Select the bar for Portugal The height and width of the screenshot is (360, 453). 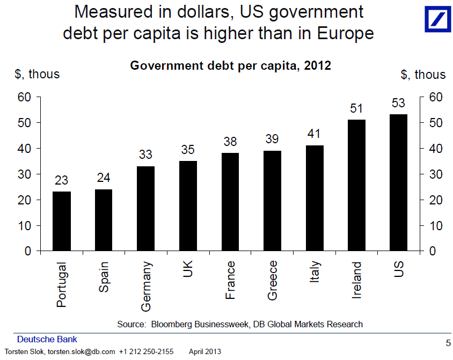61,221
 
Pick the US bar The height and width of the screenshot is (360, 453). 399,182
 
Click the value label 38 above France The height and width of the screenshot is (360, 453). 230,142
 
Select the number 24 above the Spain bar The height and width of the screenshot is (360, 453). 104,178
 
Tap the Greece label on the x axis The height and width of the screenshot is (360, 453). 272,280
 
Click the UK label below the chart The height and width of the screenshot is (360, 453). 188,270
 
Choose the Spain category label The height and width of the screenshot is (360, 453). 104,277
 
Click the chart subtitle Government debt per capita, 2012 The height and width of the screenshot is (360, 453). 231,66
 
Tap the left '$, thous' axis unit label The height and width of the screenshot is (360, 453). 37,74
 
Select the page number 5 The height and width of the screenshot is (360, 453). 448,343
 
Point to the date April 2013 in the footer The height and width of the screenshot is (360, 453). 204,352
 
